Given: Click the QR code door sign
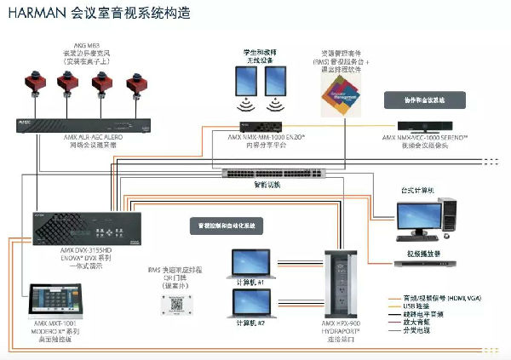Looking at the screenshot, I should (176, 304).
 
